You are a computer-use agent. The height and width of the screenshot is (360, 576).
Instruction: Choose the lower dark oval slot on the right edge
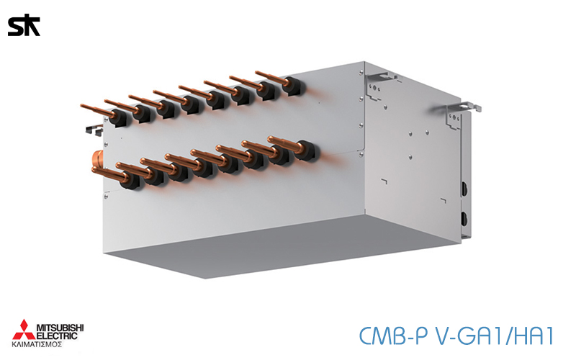[464, 218]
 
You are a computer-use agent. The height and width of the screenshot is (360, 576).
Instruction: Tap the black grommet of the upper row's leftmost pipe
[118, 116]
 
